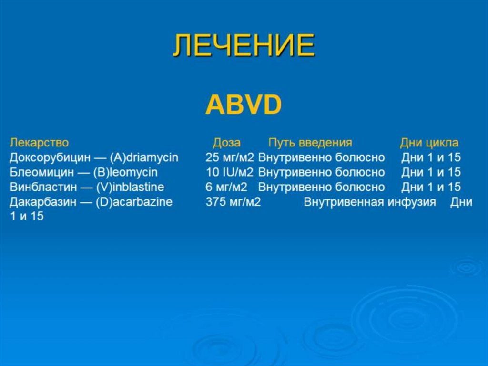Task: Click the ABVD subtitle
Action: [244, 105]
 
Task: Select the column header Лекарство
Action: [39, 143]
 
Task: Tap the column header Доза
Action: [226, 143]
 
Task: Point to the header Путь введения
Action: [310, 143]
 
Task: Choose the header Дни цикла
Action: [429, 143]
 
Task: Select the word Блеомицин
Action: [40, 172]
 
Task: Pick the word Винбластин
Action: [42, 187]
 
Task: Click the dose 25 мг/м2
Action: [230, 158]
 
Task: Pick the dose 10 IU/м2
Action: [230, 172]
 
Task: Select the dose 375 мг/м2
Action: [233, 202]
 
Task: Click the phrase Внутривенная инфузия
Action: [370, 202]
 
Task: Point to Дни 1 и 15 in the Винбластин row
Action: [431, 187]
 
